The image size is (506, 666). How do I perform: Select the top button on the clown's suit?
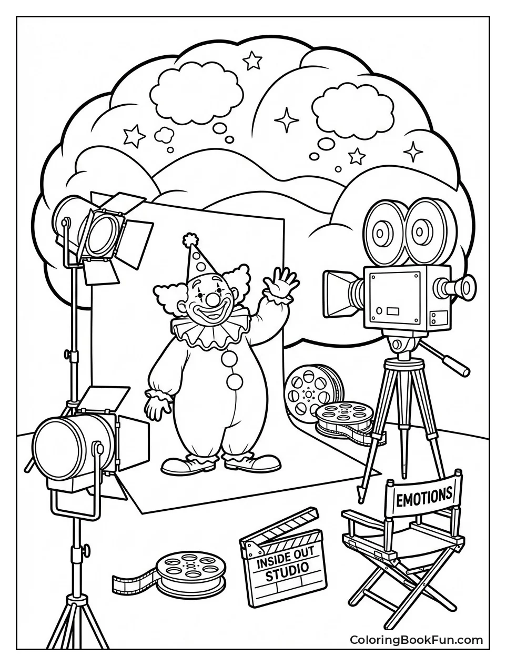(x=229, y=360)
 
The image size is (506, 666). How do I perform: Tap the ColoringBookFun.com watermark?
(x=417, y=646)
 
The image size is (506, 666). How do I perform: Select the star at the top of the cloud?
(x=252, y=60)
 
